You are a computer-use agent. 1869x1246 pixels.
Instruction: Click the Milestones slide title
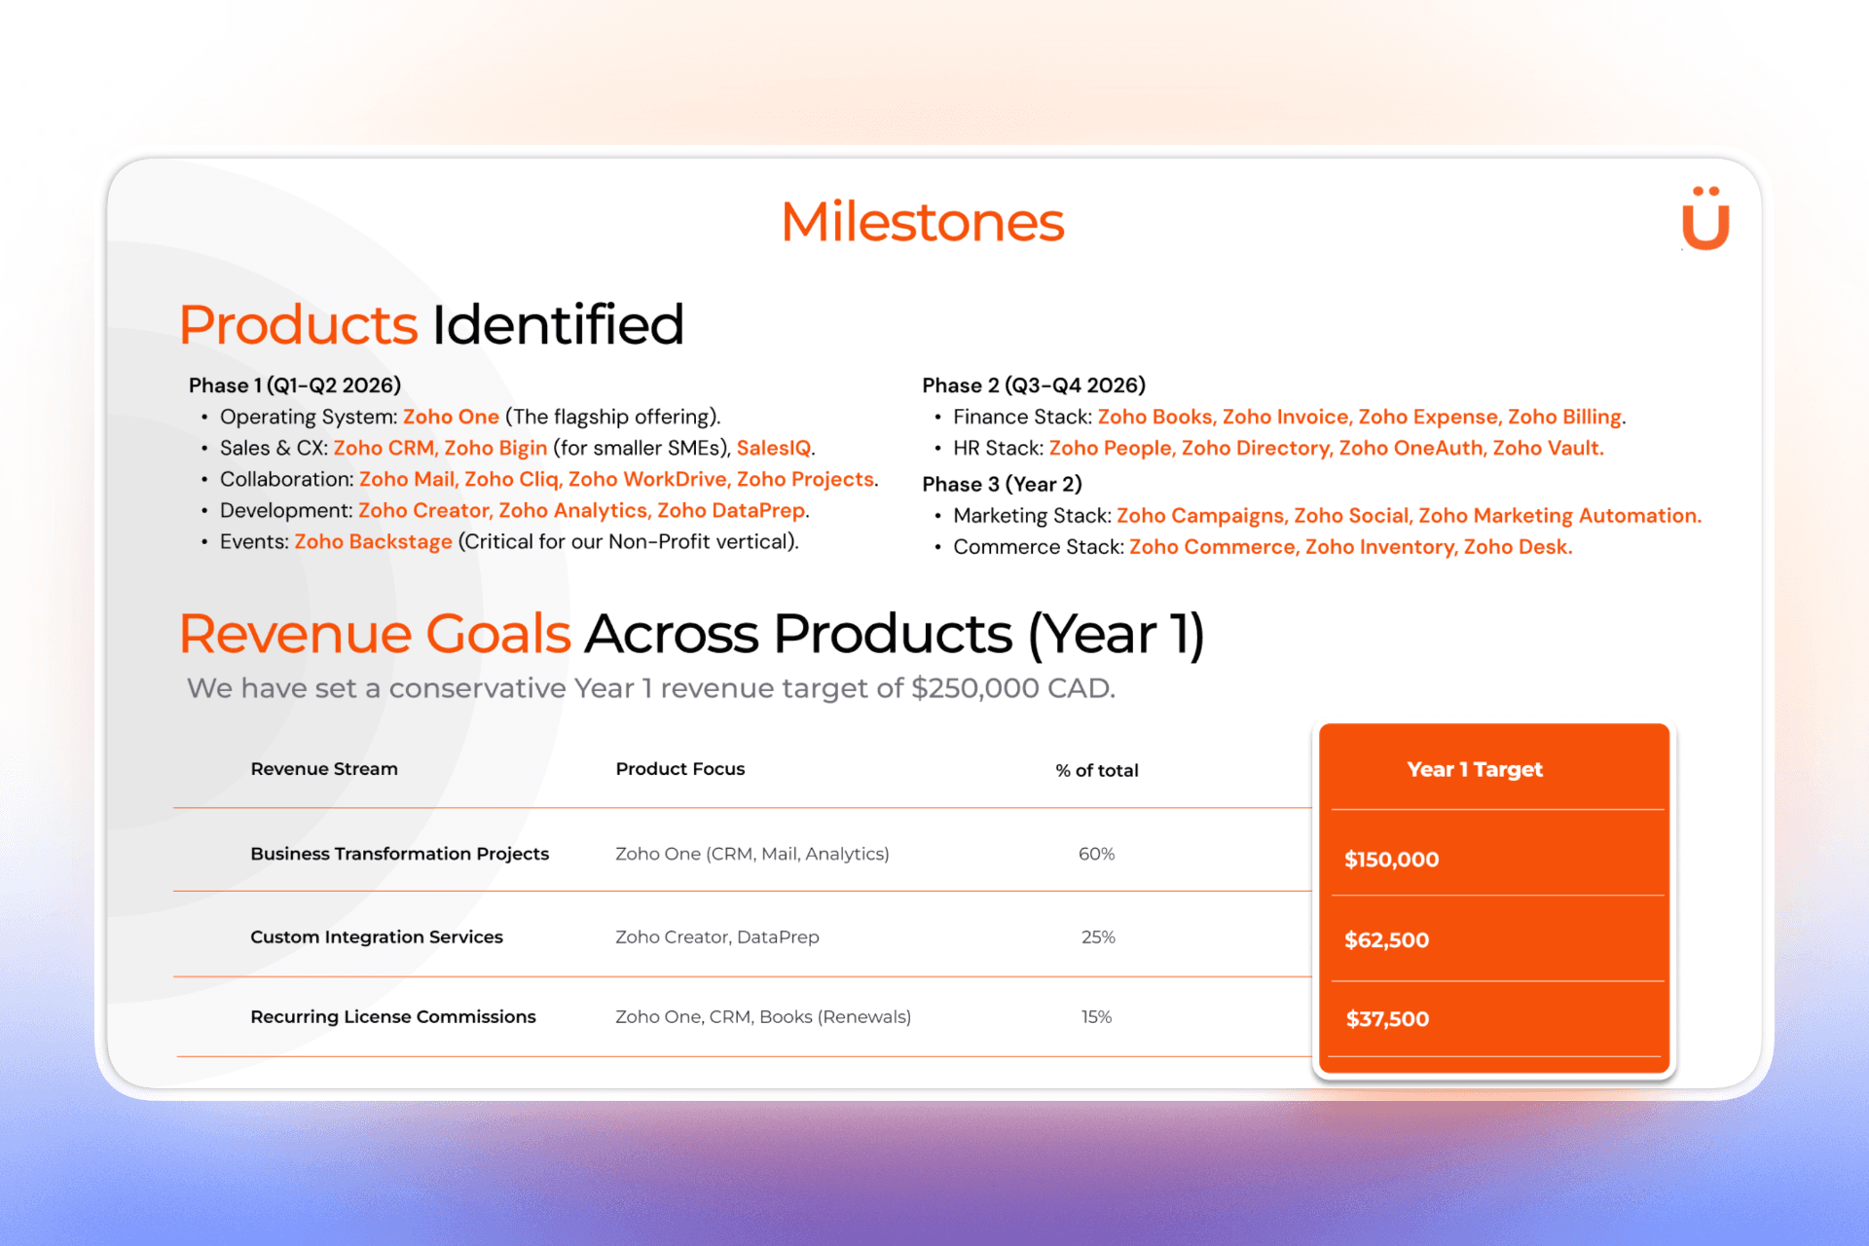[x=922, y=222]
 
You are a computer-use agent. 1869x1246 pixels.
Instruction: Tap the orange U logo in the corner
[x=1705, y=218]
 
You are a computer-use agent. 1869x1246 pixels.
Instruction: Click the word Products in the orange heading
[x=298, y=325]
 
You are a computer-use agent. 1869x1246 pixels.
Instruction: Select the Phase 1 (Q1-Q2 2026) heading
[x=295, y=385]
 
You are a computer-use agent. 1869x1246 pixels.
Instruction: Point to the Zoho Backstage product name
[x=373, y=541]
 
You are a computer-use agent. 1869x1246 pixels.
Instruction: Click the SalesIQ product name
[x=774, y=448]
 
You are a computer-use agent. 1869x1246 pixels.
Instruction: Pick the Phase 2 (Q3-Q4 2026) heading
[x=1034, y=385]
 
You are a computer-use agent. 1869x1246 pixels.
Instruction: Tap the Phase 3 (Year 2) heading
[x=1002, y=485]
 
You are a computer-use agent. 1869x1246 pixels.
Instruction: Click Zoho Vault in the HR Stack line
[x=1548, y=448]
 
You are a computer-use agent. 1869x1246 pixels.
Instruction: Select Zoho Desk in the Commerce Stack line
[x=1518, y=547]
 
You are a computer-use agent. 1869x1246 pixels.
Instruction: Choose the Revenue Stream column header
[x=324, y=769]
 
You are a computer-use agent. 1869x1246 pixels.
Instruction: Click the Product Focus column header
[x=680, y=769]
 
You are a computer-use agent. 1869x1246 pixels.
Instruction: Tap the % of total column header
[x=1097, y=770]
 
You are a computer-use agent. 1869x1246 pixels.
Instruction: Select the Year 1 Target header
[x=1475, y=769]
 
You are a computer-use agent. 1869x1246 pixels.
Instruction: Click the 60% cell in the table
[x=1097, y=854]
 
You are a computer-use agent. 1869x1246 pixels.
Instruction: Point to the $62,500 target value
[x=1386, y=940]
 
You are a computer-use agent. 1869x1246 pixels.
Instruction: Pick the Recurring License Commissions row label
[x=393, y=1016]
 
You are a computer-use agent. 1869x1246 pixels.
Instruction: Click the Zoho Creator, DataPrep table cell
[x=717, y=937]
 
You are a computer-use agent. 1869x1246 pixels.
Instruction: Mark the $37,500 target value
[x=1387, y=1019]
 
